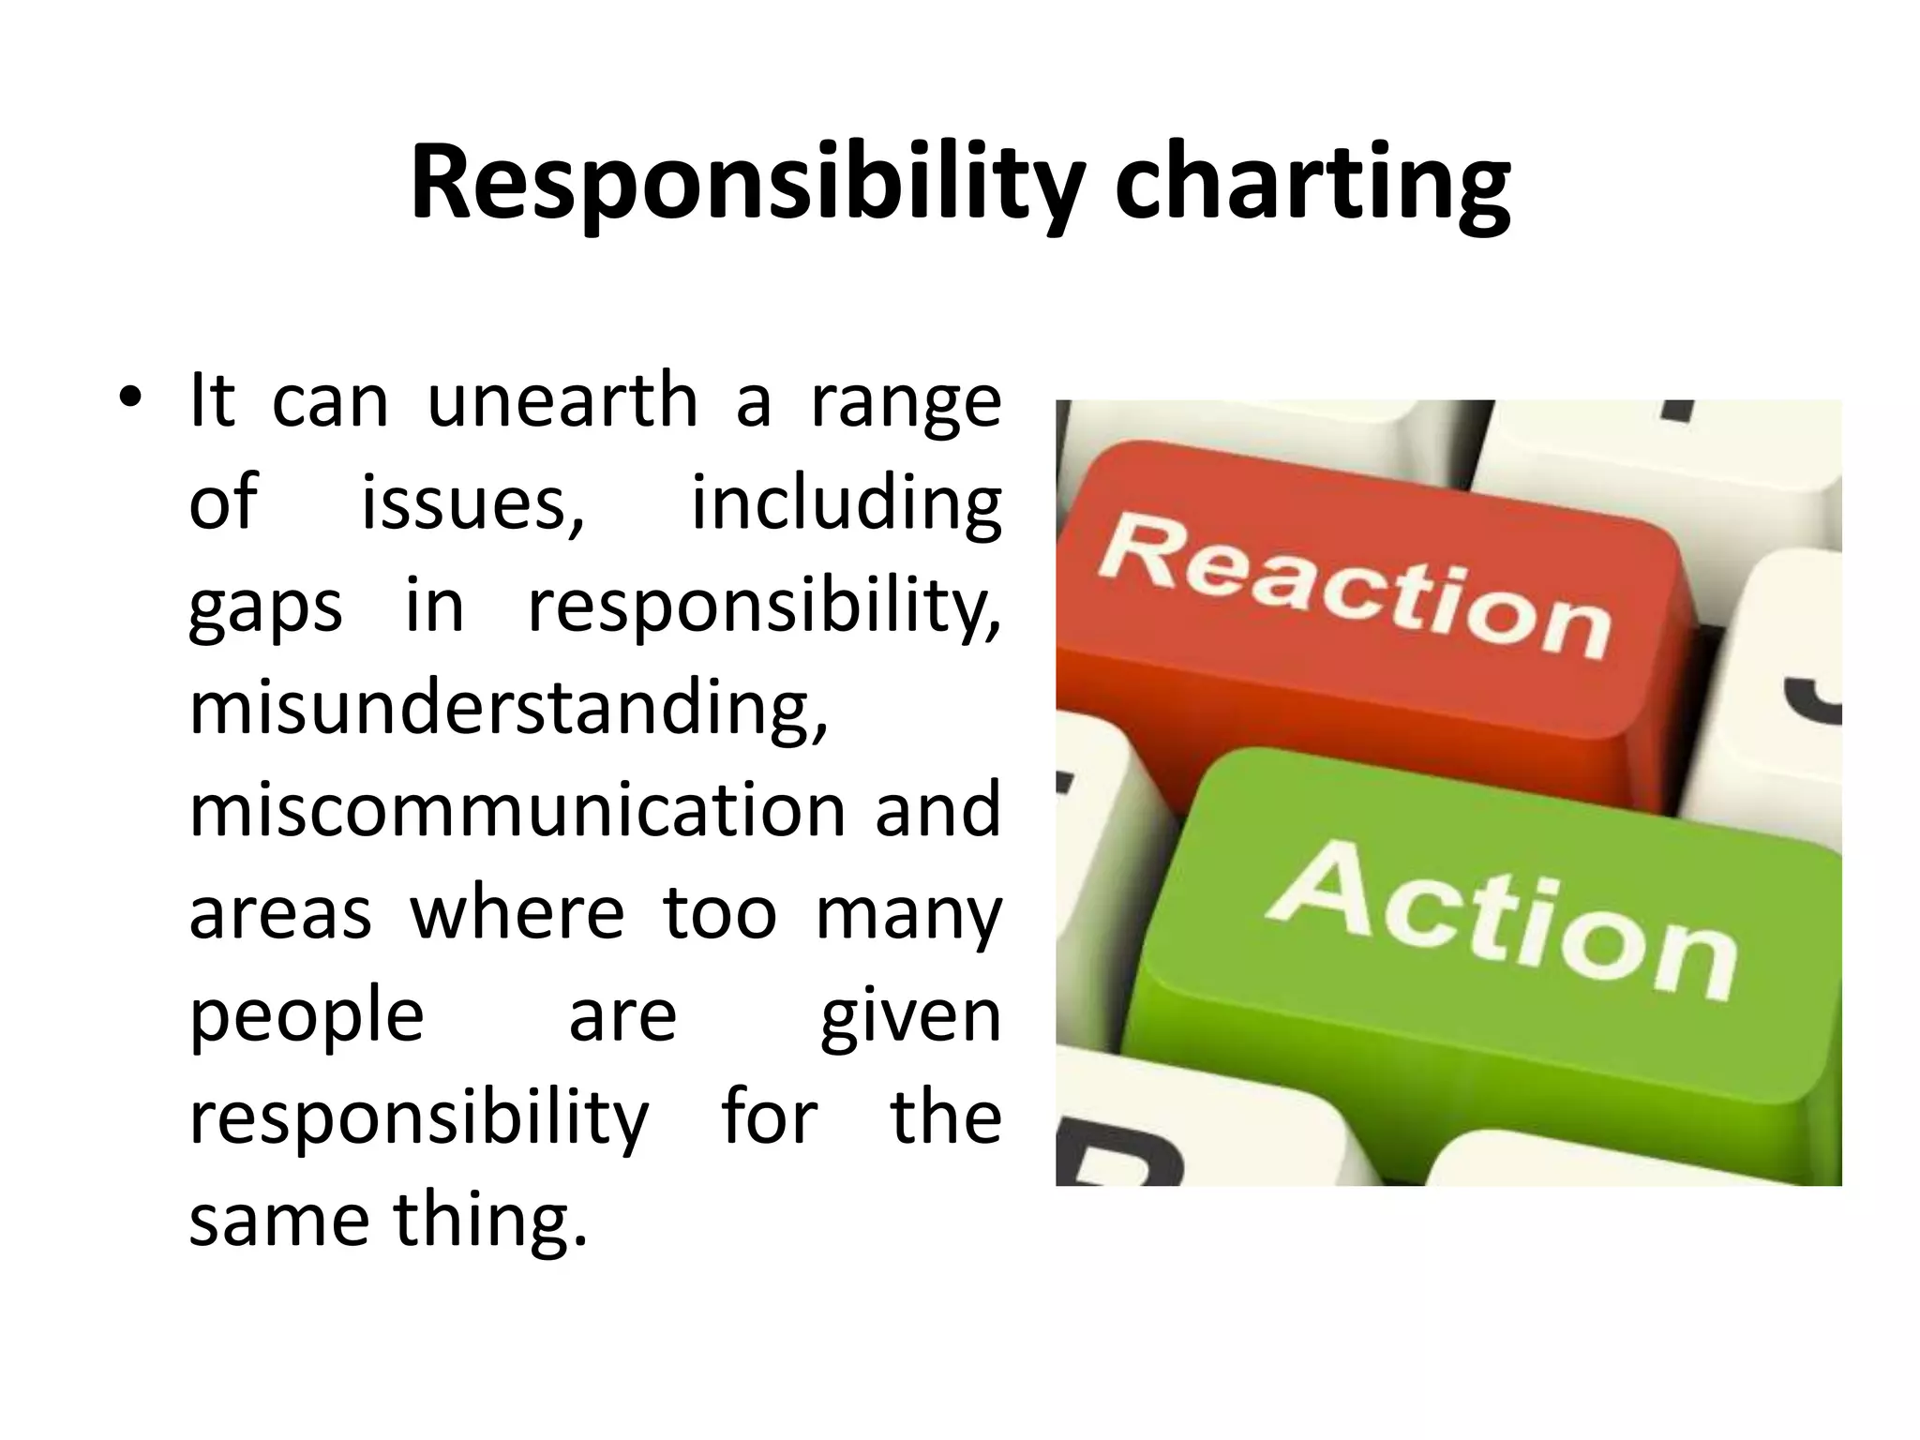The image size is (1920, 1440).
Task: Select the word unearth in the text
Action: (x=562, y=401)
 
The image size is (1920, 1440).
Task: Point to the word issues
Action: (x=473, y=504)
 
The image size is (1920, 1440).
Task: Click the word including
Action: (x=846, y=504)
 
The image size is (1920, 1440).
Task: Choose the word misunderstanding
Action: (x=509, y=710)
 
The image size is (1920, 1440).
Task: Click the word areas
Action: (x=280, y=913)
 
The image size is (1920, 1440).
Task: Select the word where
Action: (x=517, y=913)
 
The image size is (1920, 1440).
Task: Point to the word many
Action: (x=907, y=915)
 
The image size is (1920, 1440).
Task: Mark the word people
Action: (x=307, y=1017)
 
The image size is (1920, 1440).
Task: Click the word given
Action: (x=910, y=1017)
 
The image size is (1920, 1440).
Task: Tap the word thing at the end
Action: (x=489, y=1222)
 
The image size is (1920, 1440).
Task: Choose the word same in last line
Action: (x=278, y=1222)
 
